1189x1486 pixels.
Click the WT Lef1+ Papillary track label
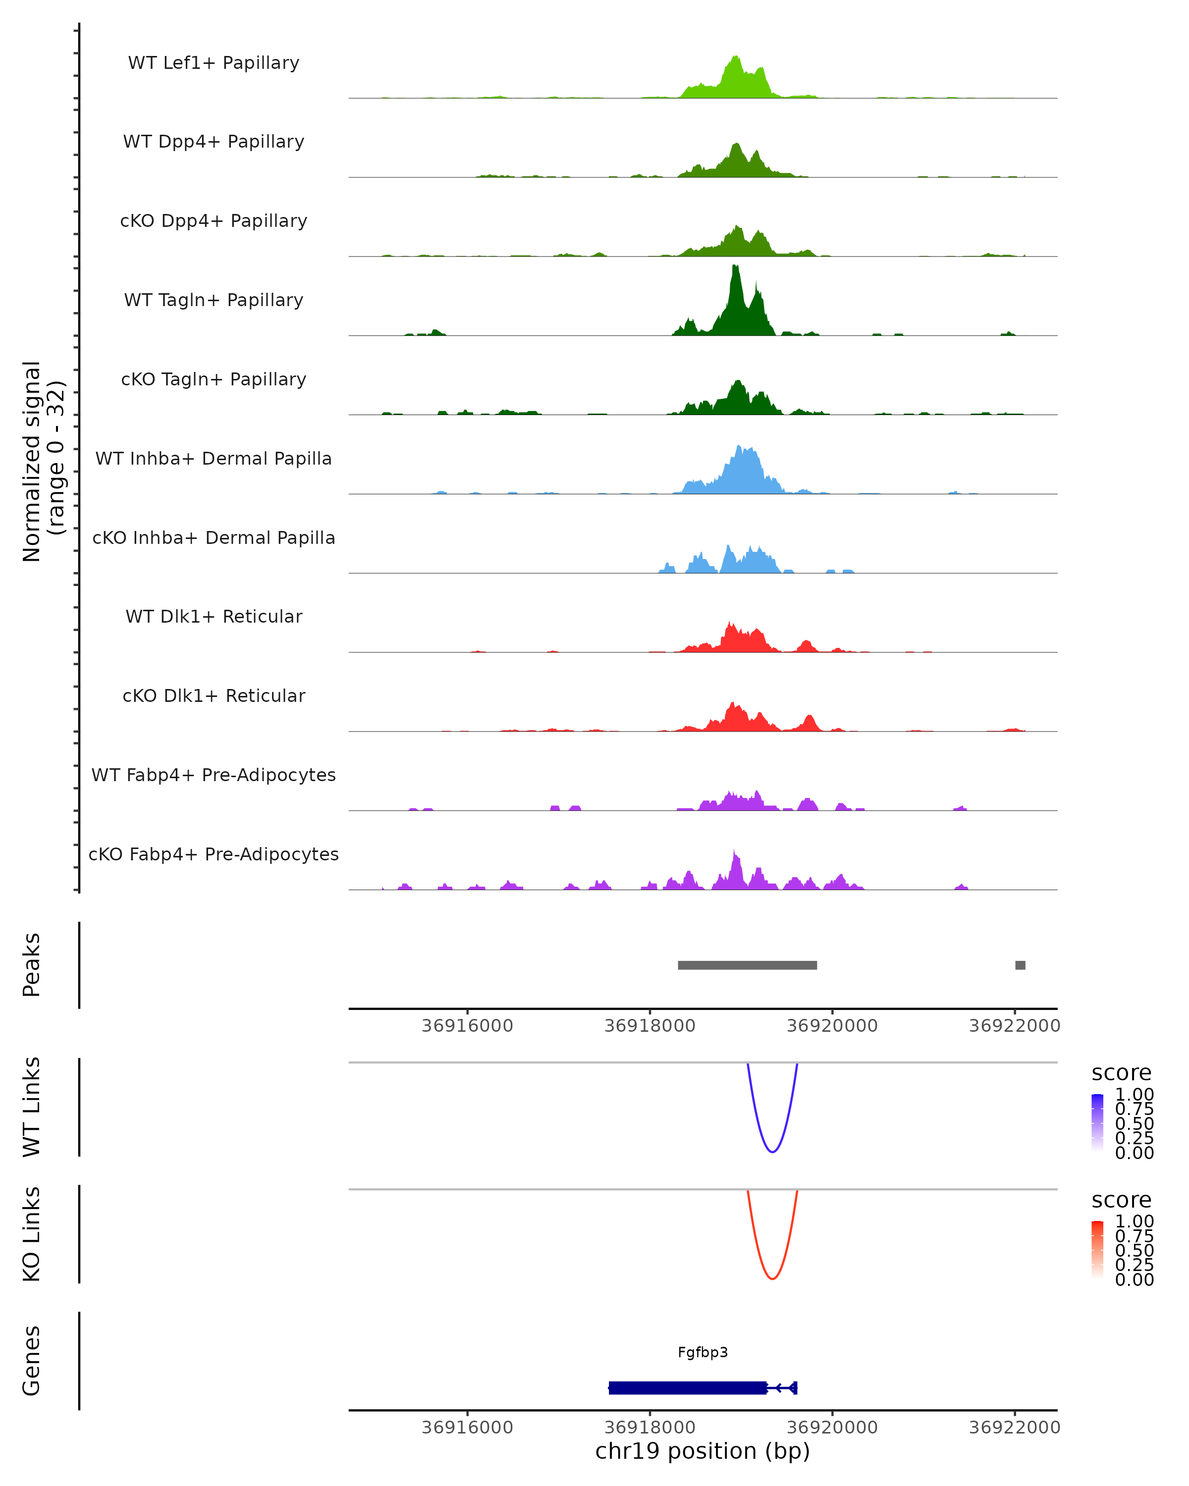(x=214, y=63)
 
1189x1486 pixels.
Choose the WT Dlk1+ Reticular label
(x=214, y=616)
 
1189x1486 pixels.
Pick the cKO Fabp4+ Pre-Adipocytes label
(x=214, y=854)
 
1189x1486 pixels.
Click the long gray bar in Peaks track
(x=747, y=965)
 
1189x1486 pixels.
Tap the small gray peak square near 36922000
(x=1020, y=965)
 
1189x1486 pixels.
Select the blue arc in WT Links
(x=773, y=1151)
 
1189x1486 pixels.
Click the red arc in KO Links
(x=773, y=1278)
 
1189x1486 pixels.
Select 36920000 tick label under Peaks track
(x=832, y=1026)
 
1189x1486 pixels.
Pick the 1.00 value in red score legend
(x=1134, y=1222)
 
